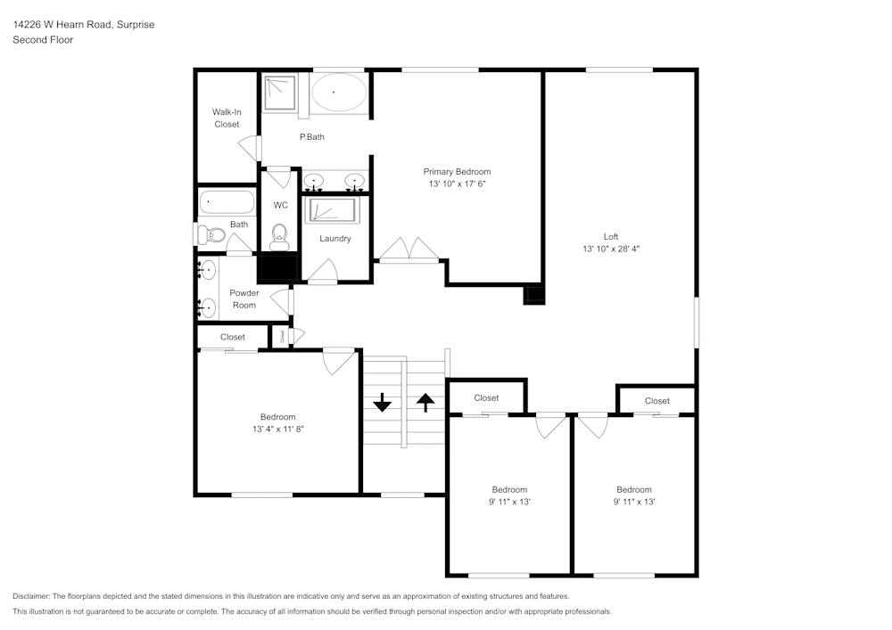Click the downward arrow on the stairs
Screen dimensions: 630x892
click(x=382, y=403)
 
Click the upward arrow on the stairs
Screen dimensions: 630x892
click(x=425, y=403)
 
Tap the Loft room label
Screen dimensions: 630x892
click(x=611, y=237)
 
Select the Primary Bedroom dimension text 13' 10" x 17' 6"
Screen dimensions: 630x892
click(x=457, y=184)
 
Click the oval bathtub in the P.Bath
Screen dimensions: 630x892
click(x=337, y=92)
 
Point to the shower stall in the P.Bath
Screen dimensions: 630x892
click(x=280, y=92)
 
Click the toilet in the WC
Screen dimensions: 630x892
click(x=279, y=235)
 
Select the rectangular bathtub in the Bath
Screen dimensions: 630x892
click(x=226, y=202)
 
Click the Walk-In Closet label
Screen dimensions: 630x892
click(x=227, y=119)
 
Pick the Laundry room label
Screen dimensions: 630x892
click(x=335, y=239)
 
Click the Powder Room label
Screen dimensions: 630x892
click(x=244, y=299)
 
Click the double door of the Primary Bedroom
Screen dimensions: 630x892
click(x=409, y=250)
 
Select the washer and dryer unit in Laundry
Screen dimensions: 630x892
click(x=331, y=210)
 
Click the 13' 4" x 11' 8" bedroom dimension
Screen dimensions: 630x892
click(x=278, y=429)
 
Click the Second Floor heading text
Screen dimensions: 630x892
click(x=43, y=40)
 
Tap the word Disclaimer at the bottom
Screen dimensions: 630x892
click(x=31, y=596)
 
